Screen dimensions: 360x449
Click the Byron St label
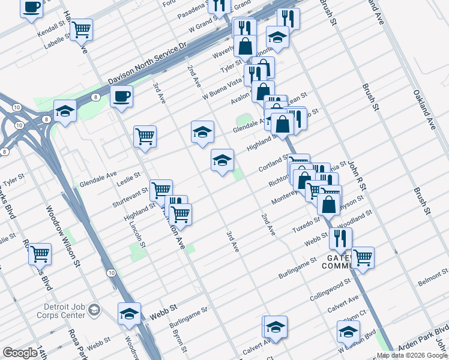point(177,341)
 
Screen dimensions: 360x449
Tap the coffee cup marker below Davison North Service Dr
point(121,96)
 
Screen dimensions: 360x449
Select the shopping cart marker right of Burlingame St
point(363,257)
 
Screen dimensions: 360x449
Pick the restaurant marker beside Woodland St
point(340,238)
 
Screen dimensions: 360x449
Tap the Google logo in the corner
point(20,353)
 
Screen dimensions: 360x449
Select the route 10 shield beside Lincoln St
point(112,272)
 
